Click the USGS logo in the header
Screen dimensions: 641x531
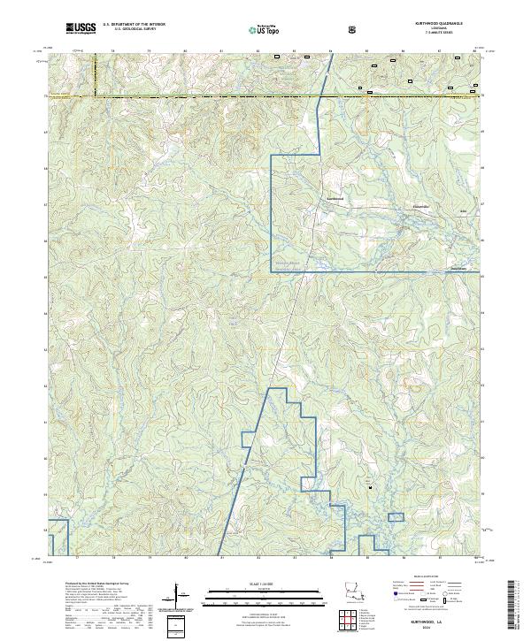coord(81,29)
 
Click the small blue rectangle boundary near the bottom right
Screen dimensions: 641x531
coord(396,517)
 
